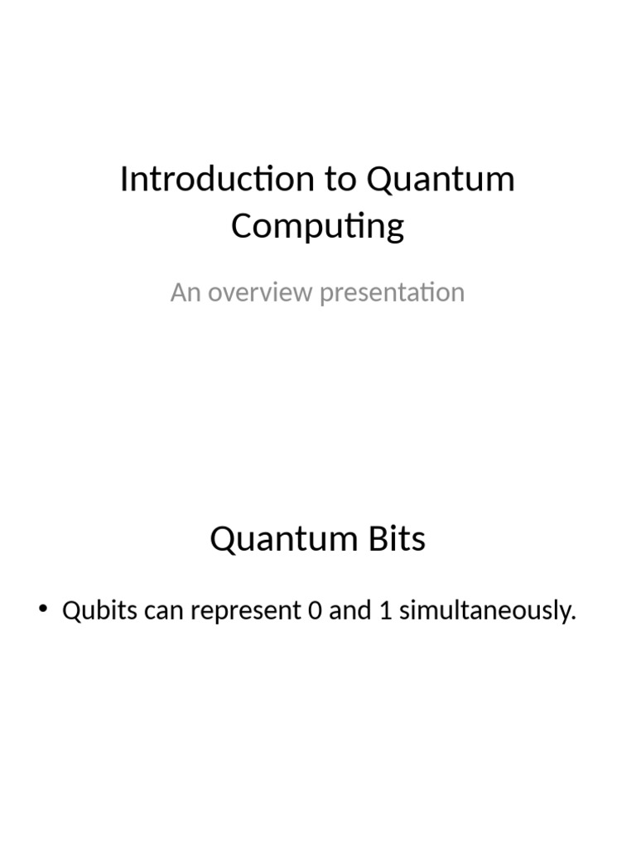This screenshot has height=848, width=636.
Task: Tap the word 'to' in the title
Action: coord(340,179)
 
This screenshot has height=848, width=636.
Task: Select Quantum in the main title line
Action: coord(441,179)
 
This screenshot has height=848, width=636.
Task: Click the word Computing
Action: coord(318,226)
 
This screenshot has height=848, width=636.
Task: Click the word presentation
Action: coord(392,293)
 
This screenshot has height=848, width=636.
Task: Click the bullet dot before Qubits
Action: coord(43,611)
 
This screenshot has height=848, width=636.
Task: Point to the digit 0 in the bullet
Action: coord(312,611)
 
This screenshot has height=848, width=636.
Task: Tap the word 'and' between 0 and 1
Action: coord(349,611)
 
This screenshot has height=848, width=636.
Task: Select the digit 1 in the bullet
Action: coord(385,611)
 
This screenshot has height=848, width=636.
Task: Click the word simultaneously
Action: coord(484,611)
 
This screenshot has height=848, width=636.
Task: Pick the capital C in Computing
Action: coord(242,225)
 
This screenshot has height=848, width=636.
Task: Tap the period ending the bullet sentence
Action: coord(572,619)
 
